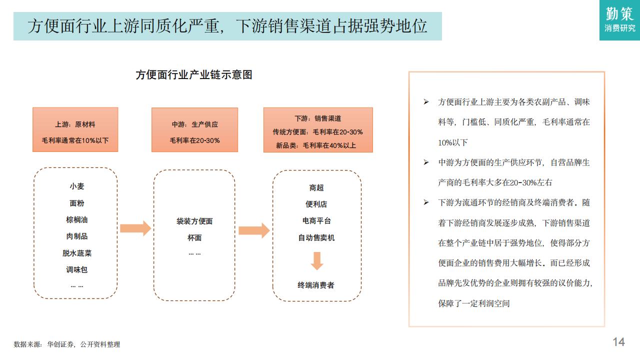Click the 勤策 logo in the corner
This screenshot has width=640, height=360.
619,20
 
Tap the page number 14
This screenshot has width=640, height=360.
618,342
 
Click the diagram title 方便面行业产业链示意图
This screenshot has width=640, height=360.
194,75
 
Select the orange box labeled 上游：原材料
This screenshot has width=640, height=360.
75,129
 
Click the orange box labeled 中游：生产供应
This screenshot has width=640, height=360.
194,129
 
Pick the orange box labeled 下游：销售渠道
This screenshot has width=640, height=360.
318,130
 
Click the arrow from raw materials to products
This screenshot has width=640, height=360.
135,228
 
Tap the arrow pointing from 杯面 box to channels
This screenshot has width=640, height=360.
254,230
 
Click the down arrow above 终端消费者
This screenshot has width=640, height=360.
317,261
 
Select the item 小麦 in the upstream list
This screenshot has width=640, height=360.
77,186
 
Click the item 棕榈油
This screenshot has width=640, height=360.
77,219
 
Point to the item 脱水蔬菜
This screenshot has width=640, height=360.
77,253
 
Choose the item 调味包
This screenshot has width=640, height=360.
77,269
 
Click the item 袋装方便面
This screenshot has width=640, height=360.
194,221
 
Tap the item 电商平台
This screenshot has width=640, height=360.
316,220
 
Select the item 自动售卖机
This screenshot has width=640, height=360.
316,237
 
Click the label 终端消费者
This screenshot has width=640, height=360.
316,285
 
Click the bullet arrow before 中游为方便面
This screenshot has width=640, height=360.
426,162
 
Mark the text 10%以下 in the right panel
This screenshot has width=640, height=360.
452,142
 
